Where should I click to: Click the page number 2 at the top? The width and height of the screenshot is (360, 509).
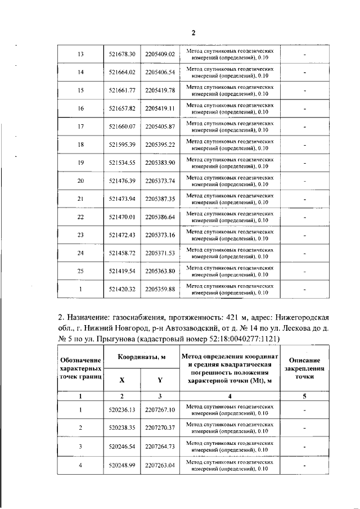click(x=193, y=33)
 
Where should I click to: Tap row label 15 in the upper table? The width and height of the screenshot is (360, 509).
click(x=80, y=90)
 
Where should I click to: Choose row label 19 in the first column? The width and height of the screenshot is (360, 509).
click(x=80, y=163)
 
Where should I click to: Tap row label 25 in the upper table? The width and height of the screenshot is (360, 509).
click(x=80, y=271)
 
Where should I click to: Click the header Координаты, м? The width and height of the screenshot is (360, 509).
click(x=141, y=358)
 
